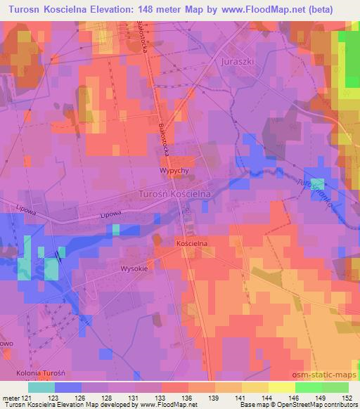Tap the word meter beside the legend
coord(12,397)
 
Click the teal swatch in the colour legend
coord(41,387)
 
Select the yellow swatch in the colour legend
coord(282,387)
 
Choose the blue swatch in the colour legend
coord(68,387)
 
